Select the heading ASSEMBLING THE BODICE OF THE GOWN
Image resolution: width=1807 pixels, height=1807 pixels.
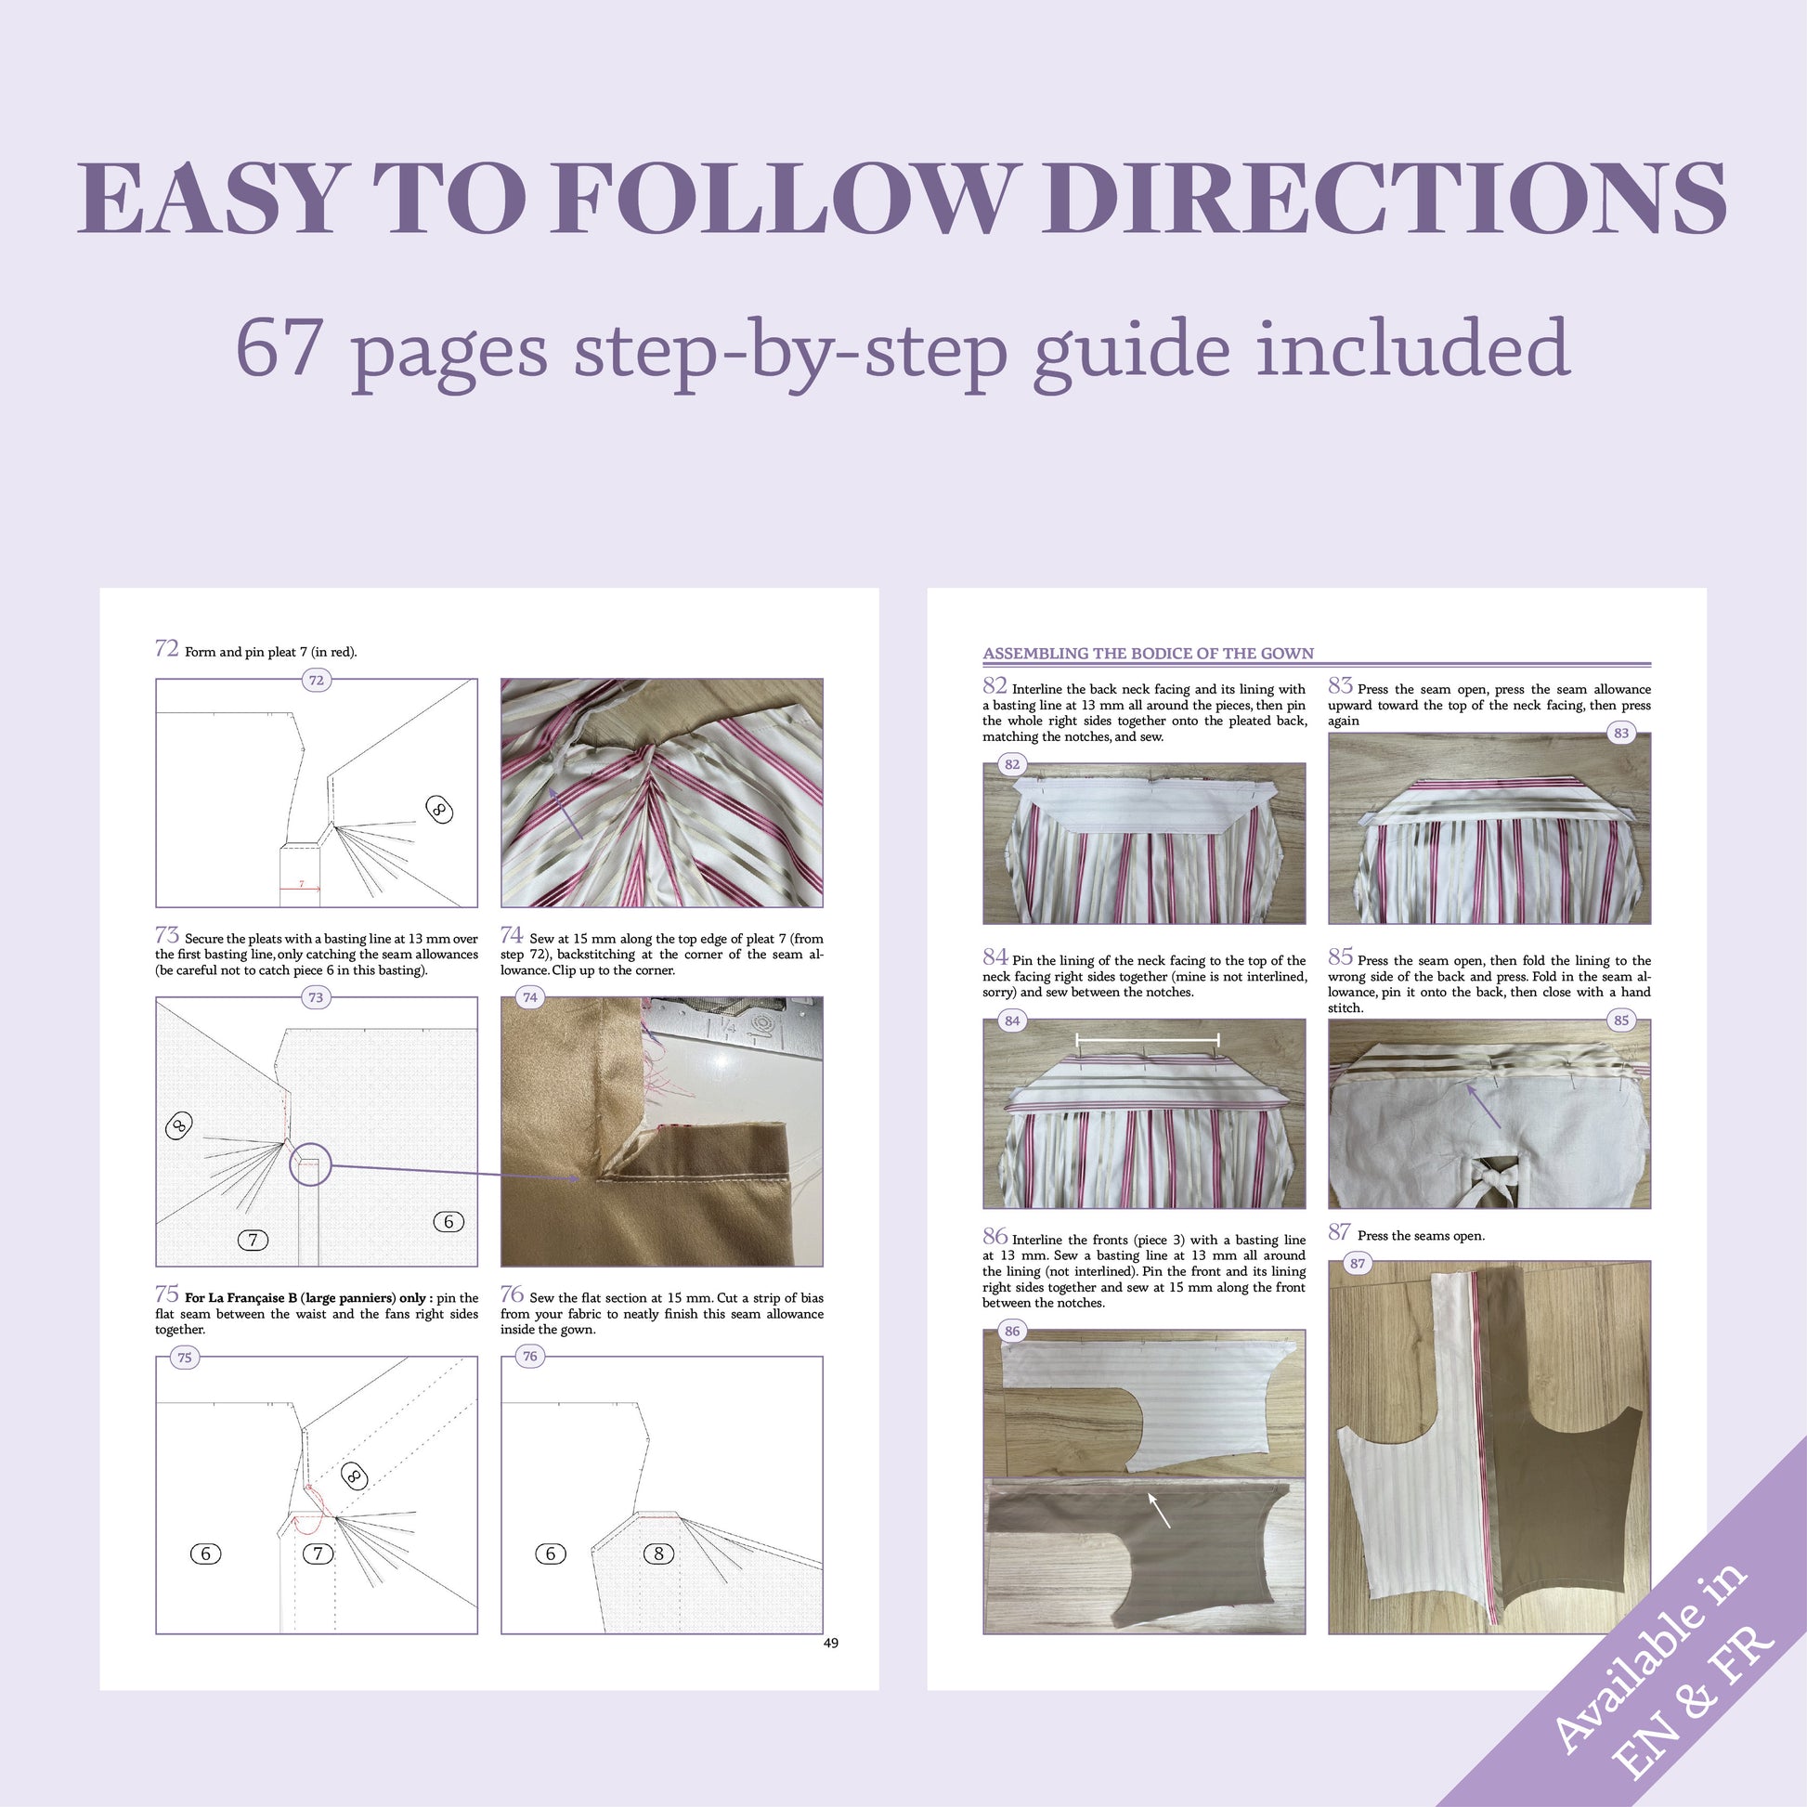[x=1148, y=653]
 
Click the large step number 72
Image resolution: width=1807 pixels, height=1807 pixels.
[x=166, y=648]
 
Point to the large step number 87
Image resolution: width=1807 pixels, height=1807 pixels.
[x=1339, y=1232]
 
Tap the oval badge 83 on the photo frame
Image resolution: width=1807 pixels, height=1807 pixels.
[x=1621, y=734]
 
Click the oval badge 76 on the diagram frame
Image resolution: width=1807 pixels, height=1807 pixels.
[x=530, y=1357]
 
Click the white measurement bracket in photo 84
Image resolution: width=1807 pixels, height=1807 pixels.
[x=1148, y=1038]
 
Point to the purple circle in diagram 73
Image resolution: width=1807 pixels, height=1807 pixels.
[x=310, y=1164]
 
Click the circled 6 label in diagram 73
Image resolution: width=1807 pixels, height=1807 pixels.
[x=448, y=1221]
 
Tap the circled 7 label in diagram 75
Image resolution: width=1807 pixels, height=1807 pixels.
[x=318, y=1553]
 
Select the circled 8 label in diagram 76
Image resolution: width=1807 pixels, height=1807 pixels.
[x=658, y=1553]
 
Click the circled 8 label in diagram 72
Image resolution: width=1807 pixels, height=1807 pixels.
[x=438, y=809]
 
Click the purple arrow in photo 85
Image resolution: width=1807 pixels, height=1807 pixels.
[x=1484, y=1105]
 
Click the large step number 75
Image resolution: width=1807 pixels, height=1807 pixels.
[x=166, y=1293]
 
